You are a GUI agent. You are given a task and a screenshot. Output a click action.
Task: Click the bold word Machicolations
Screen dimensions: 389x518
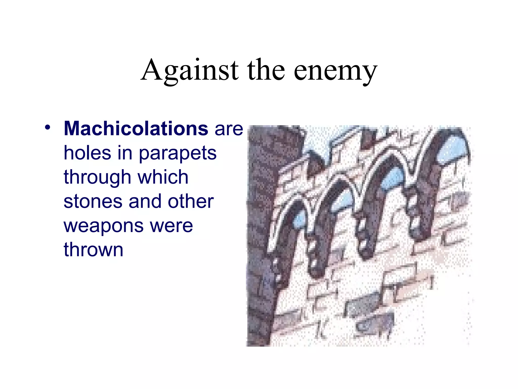136,129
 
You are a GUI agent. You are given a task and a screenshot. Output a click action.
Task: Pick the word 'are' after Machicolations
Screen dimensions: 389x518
229,129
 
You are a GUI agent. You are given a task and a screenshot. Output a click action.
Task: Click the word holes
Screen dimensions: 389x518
88,153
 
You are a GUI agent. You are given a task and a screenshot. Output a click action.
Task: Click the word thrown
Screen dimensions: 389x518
93,250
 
